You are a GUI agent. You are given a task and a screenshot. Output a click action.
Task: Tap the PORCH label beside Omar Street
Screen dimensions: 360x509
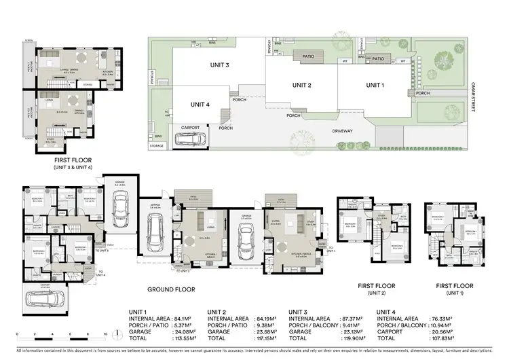423,94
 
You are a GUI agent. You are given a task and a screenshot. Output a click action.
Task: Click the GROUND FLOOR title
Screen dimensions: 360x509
172,289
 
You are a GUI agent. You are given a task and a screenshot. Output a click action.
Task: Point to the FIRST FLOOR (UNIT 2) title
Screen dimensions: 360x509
376,290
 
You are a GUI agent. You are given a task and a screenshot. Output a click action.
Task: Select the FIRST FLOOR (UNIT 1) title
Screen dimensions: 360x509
455,290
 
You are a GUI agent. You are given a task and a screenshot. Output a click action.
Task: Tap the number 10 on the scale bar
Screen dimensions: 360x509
105,334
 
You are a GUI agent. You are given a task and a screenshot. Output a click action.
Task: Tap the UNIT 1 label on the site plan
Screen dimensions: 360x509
375,85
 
